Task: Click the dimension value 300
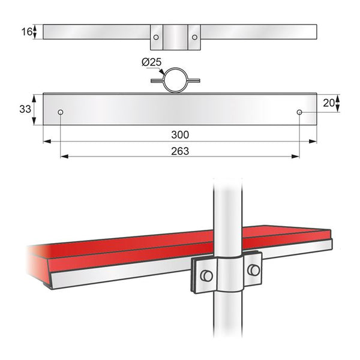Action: click(179, 136)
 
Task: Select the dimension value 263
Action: click(179, 151)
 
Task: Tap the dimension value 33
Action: click(25, 109)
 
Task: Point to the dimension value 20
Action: click(328, 103)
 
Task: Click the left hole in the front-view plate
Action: click(61, 112)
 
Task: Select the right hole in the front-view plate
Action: click(299, 112)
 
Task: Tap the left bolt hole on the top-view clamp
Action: click(156, 37)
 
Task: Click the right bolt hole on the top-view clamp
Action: click(194, 37)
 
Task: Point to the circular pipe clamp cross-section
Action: click(175, 80)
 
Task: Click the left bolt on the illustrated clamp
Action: click(206, 275)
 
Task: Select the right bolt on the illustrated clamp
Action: click(254, 269)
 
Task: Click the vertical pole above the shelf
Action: click(227, 210)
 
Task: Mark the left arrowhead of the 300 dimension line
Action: click(46, 142)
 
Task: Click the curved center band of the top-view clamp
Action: click(175, 37)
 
